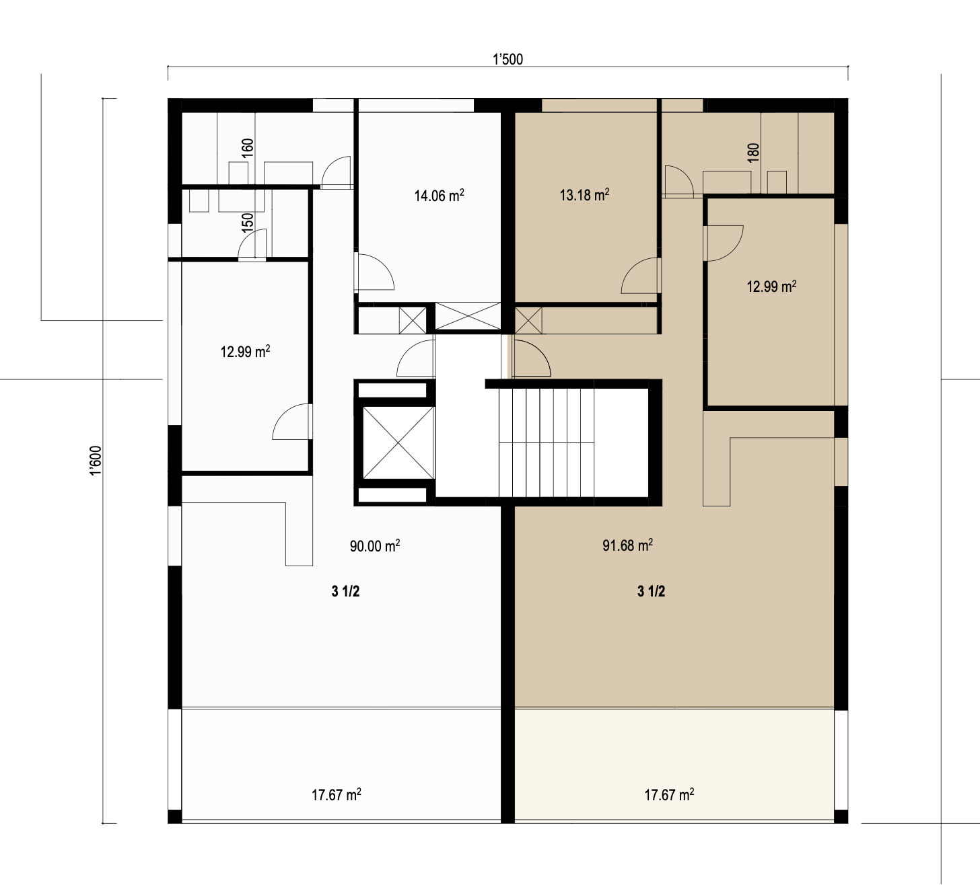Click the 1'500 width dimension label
(x=508, y=59)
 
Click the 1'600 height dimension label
(x=96, y=460)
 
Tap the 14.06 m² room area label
(x=440, y=195)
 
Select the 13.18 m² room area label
(x=584, y=195)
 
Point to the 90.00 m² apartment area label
(x=375, y=545)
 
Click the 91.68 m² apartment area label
(x=627, y=545)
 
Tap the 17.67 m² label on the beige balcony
(x=669, y=795)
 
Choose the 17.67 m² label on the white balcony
(x=336, y=795)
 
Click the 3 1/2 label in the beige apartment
(x=651, y=591)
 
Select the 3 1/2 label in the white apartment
(x=345, y=591)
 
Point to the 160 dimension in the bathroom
(x=248, y=147)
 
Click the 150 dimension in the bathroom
(x=248, y=222)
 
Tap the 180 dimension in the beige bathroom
(x=753, y=152)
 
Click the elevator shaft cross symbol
(x=398, y=442)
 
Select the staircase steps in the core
(x=546, y=442)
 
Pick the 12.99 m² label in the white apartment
(x=245, y=352)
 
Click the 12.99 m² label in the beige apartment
(x=771, y=286)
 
